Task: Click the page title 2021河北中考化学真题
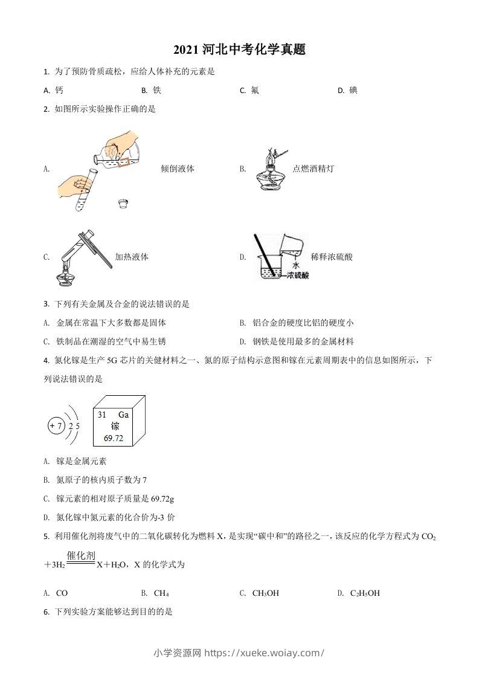239,50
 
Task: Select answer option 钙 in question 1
59,90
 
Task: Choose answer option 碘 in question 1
353,90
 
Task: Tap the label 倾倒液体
178,169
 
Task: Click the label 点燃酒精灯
313,169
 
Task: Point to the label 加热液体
132,257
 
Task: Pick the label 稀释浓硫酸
332,257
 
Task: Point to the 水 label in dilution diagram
295,265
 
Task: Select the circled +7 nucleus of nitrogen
56,426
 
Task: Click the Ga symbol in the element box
123,415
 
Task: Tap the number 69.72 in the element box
113,438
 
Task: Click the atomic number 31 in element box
102,415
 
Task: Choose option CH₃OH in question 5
266,593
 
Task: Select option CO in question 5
62,593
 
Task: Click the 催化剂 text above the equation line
82,555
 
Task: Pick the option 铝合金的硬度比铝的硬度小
303,323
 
